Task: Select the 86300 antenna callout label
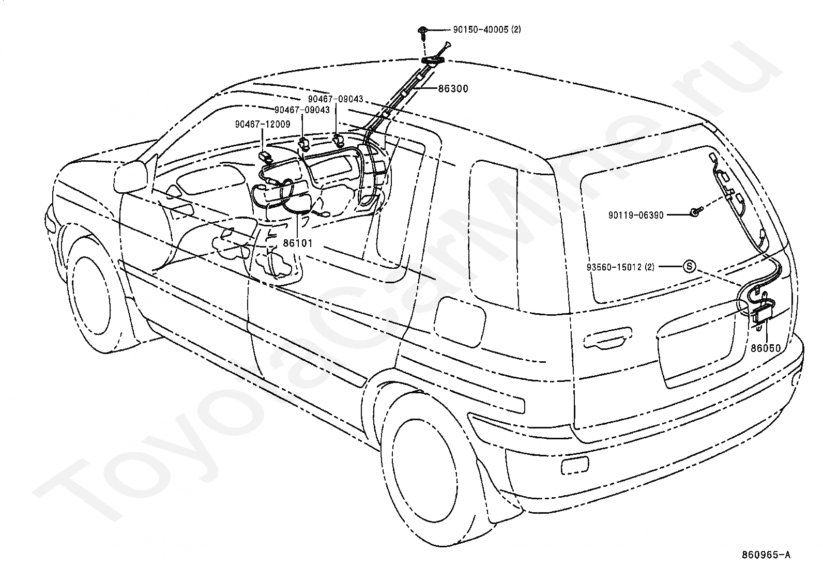(x=453, y=88)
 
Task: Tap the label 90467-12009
(x=263, y=124)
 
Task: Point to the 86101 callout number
(x=298, y=243)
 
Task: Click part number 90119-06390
(x=636, y=216)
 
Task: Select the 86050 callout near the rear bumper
(x=766, y=348)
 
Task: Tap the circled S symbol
(x=690, y=266)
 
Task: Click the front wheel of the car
(x=96, y=294)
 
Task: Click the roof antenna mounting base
(x=433, y=60)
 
